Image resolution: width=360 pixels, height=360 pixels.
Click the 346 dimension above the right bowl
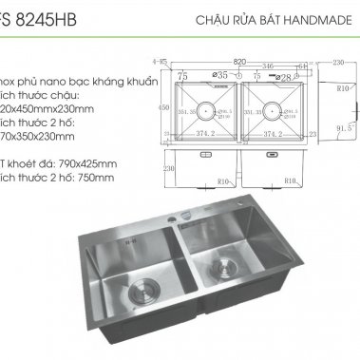point(268,66)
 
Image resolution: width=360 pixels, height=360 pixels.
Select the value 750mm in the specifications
point(94,177)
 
